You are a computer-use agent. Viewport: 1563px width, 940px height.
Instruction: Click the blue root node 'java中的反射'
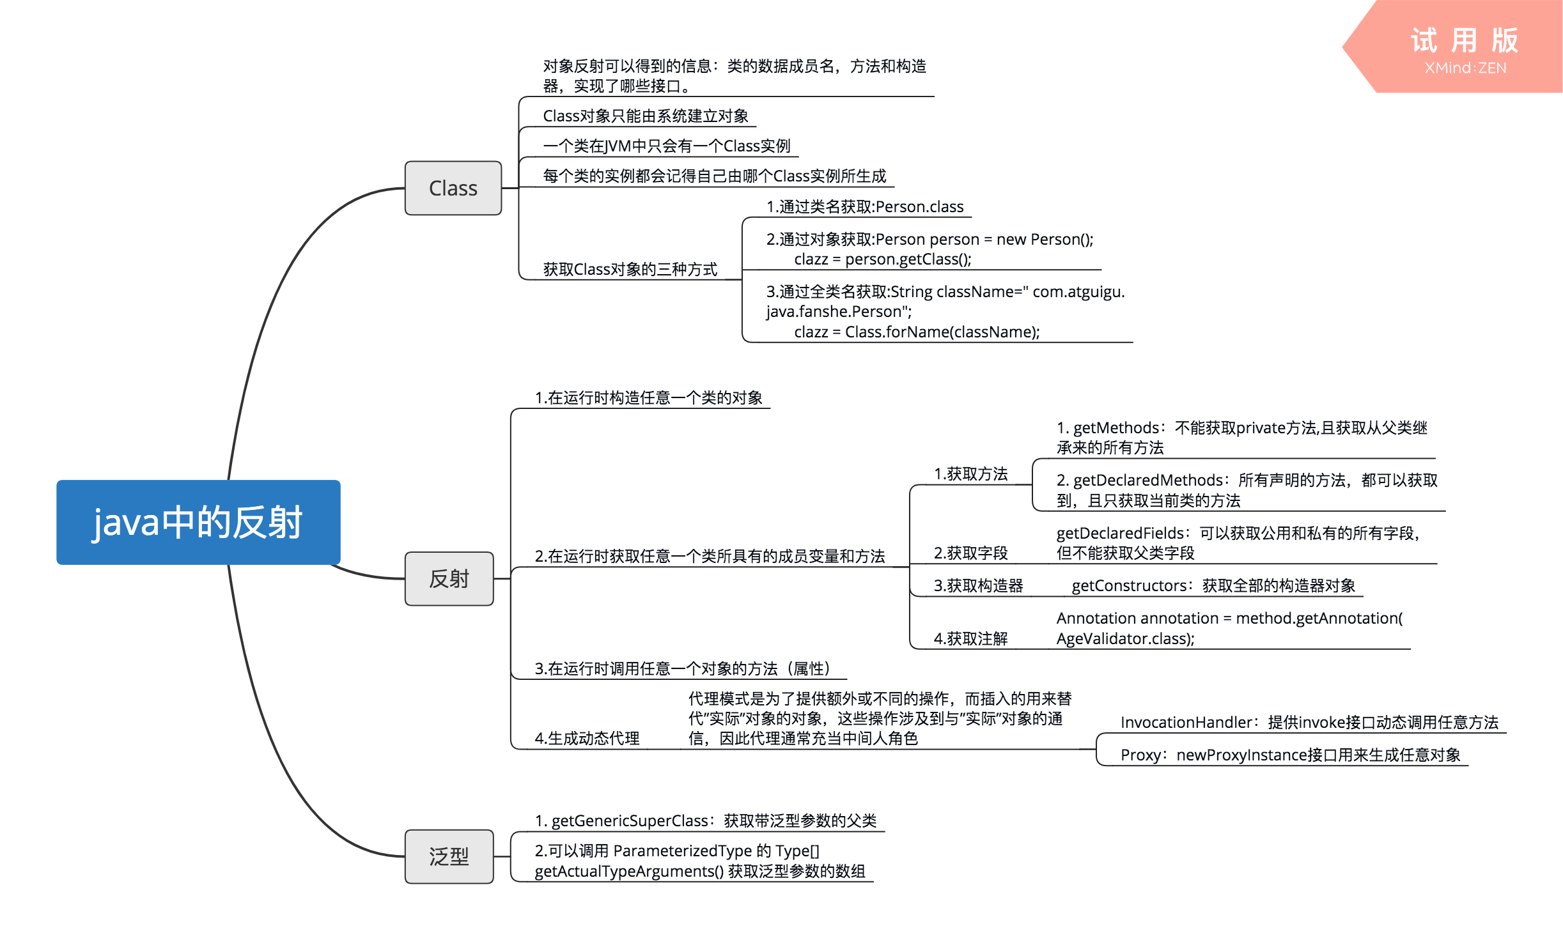[x=198, y=522]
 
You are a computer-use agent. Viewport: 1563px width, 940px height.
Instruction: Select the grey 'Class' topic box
[x=453, y=188]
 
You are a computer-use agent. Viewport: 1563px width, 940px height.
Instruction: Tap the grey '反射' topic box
[x=449, y=578]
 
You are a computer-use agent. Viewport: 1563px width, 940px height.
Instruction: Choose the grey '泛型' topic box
[x=449, y=856]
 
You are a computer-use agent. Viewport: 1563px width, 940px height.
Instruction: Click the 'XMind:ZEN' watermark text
[x=1465, y=68]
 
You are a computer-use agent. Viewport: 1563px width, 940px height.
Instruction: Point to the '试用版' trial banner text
[x=1464, y=40]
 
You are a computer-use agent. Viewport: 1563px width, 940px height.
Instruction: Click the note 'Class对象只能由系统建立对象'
[x=646, y=116]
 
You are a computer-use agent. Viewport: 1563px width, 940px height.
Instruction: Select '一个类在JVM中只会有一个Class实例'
[x=667, y=146]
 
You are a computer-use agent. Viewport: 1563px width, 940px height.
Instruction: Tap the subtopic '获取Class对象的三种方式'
[x=630, y=269]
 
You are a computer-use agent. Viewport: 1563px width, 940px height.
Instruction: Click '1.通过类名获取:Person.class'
[x=865, y=206]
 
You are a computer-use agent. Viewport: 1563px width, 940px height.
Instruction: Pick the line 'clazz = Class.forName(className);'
[x=917, y=332]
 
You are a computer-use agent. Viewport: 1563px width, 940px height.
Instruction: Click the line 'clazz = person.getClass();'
[x=883, y=259]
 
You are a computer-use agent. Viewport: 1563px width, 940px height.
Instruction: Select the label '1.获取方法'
[x=970, y=474]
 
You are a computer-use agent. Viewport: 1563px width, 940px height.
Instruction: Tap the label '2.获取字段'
[x=970, y=553]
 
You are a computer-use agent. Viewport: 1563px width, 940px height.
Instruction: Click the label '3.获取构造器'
[x=978, y=585]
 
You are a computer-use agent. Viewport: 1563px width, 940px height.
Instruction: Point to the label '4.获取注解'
[x=970, y=638]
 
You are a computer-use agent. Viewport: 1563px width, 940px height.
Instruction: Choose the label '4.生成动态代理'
[x=587, y=738]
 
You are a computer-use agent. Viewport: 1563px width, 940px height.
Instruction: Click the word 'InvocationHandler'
[x=1186, y=722]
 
